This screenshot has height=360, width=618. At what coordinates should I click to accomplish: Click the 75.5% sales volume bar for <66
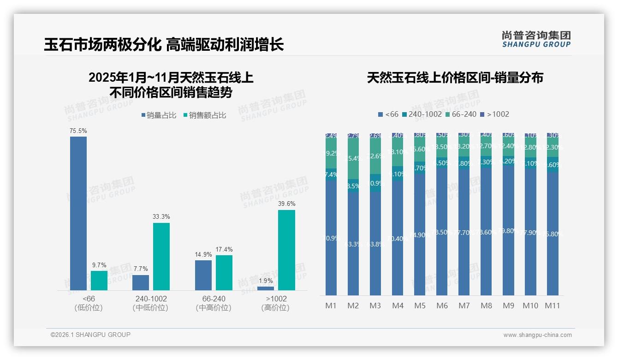click(x=78, y=213)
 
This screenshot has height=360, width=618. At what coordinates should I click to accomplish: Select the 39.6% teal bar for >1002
click(x=286, y=250)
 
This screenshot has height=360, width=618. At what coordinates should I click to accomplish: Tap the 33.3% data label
click(x=161, y=216)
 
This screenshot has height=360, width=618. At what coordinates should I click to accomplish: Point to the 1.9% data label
click(x=266, y=281)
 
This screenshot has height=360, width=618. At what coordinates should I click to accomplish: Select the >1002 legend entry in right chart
click(x=494, y=114)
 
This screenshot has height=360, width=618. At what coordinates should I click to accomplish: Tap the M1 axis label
click(x=331, y=306)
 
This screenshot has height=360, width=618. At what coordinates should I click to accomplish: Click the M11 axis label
click(x=553, y=306)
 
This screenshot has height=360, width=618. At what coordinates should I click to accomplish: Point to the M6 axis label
click(x=442, y=306)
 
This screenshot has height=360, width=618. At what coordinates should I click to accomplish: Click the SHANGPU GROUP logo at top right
click(x=536, y=39)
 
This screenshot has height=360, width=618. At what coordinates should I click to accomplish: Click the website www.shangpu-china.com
click(x=537, y=335)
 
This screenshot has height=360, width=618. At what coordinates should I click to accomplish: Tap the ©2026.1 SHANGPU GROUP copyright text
click(x=90, y=335)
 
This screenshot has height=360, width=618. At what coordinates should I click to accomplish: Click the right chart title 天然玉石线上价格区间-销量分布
click(x=455, y=78)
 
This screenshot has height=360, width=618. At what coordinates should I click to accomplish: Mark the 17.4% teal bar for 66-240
click(x=224, y=273)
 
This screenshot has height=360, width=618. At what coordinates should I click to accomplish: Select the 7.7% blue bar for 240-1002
click(x=141, y=282)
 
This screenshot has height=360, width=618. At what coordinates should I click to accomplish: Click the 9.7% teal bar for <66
click(x=99, y=281)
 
